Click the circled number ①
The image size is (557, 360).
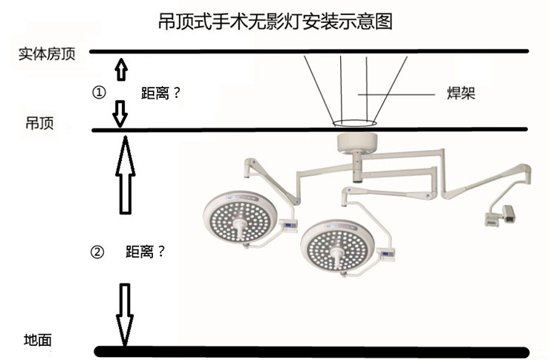coord(98,93)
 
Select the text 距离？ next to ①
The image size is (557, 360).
coord(161,94)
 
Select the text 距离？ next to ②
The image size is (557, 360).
coord(146,252)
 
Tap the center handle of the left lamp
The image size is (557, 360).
coord(239,223)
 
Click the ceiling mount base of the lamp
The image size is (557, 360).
coord(357,143)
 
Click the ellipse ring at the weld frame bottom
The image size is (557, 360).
coord(354,123)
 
